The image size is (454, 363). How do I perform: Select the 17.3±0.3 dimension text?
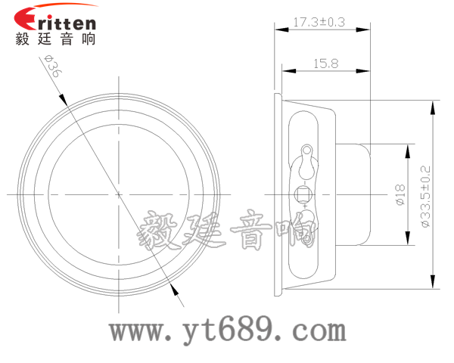pos(319,23)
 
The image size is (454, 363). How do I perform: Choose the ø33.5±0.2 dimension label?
pos(424,197)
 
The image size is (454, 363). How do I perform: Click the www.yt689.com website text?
pos(227,330)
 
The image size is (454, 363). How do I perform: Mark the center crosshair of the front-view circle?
pos(120,194)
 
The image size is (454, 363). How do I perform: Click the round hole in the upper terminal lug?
pos(307,150)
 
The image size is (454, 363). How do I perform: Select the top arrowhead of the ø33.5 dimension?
pos(433,107)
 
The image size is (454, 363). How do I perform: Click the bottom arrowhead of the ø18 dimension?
pos(409,240)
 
